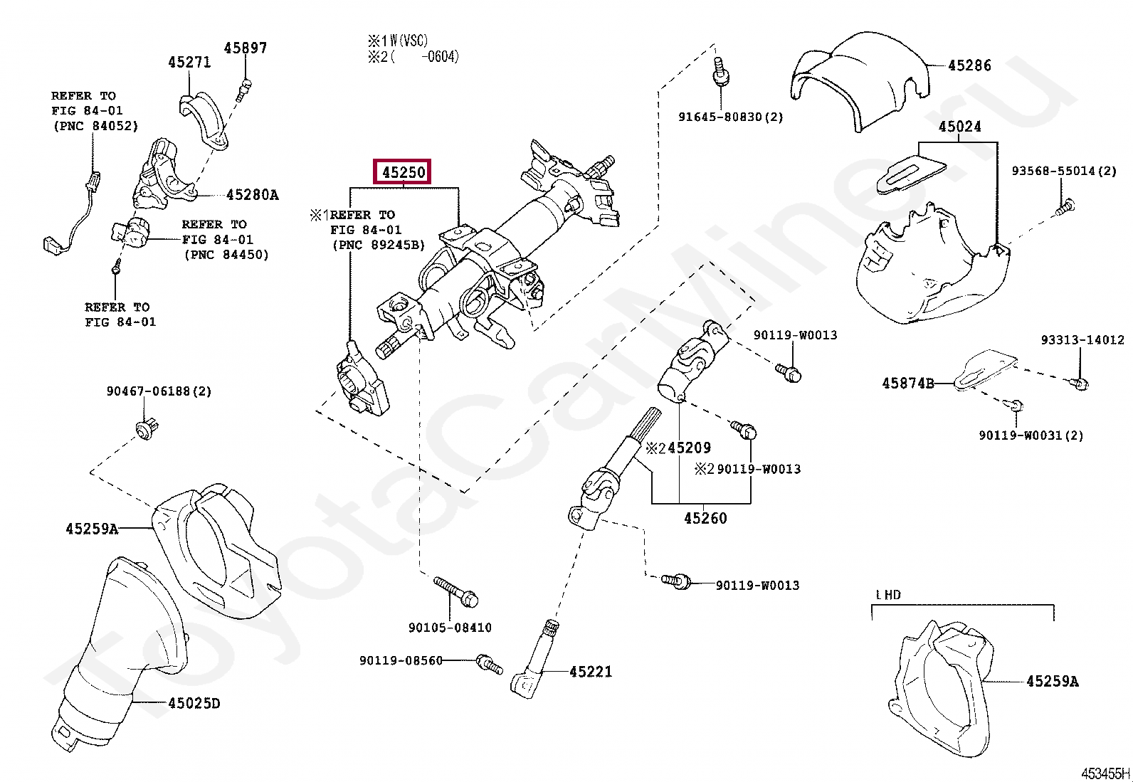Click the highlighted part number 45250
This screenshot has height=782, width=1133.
coord(404,172)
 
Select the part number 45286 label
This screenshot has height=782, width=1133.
coord(969,65)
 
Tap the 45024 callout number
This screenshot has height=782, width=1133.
coord(959,127)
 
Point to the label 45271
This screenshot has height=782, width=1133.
coord(189,62)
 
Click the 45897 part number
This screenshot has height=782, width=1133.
coord(245,48)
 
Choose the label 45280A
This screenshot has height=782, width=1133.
coord(252,194)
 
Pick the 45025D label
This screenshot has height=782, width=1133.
coord(194,704)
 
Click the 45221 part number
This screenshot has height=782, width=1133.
coord(590,671)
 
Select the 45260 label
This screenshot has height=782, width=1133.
coord(705,518)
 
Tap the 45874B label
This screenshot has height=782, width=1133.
coord(907,383)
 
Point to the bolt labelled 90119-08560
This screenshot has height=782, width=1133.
coord(489,662)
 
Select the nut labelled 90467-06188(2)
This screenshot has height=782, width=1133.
coord(147,429)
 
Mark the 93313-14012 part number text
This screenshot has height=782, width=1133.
coord(1082,340)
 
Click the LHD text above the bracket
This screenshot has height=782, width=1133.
coord(887,594)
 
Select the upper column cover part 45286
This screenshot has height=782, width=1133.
coord(861,85)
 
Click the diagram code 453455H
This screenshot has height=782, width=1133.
coord(1105,773)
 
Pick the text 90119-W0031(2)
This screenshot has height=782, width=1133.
coord(1031,435)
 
